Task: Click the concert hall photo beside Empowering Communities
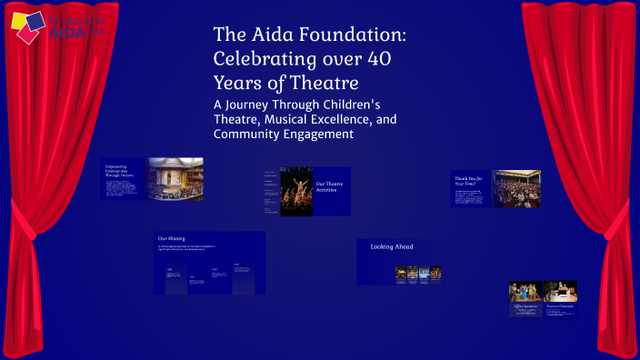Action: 175,178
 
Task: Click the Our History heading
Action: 172,238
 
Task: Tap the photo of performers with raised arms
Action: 296,191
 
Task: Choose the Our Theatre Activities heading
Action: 328,188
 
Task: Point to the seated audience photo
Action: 516,188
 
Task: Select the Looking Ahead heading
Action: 392,246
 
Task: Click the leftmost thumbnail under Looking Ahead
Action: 401,271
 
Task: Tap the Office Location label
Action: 525,306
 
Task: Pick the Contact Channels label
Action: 560,306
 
